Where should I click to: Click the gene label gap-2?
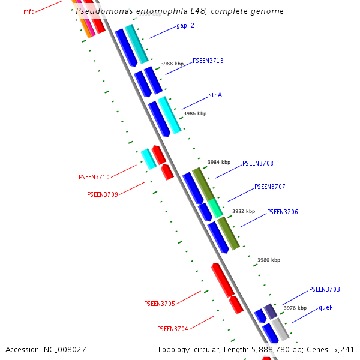point(185,26)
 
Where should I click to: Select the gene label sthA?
point(215,95)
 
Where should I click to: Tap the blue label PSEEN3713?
point(208,61)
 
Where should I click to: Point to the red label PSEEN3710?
point(94,177)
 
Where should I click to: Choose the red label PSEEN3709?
point(103,194)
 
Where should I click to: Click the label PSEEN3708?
point(258,163)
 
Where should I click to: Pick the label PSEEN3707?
point(270,187)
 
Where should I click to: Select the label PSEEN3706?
point(283,212)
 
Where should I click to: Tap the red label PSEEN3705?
point(160,304)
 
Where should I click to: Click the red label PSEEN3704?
point(173,329)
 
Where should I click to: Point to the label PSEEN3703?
point(325,289)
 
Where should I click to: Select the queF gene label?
point(325,307)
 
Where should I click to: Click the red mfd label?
point(29,11)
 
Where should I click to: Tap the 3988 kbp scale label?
point(172,64)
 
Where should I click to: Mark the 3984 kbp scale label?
point(219,162)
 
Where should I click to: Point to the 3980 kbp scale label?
point(269,260)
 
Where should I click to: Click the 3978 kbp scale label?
point(295,307)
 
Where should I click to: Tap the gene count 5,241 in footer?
point(343,349)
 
